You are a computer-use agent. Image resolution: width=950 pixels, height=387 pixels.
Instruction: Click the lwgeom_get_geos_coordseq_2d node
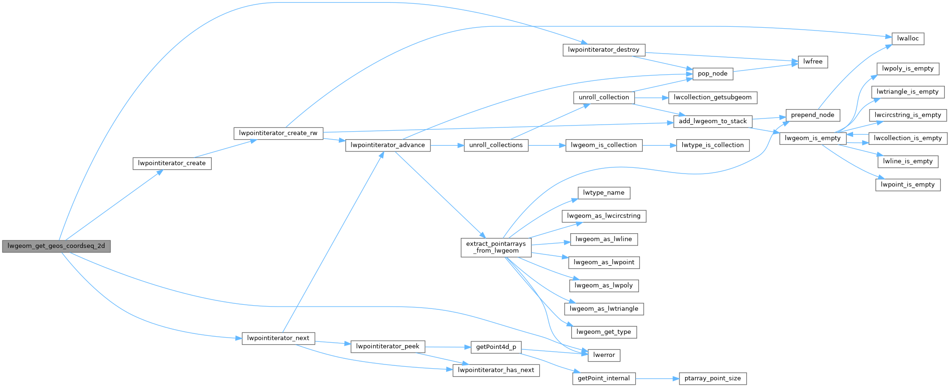[x=56, y=246]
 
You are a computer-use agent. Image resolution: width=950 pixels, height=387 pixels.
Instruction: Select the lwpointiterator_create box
[x=172, y=163]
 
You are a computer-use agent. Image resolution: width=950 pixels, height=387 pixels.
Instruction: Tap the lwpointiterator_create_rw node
[x=278, y=133]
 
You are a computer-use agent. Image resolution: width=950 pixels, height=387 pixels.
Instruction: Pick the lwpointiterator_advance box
[x=388, y=145]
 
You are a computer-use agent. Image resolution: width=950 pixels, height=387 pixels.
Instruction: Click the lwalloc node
[x=908, y=39]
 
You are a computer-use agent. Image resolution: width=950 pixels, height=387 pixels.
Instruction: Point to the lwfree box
[x=813, y=62]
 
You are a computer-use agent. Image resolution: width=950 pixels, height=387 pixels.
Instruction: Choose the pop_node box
[x=712, y=73]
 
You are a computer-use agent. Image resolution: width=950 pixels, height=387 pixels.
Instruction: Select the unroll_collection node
[x=604, y=97]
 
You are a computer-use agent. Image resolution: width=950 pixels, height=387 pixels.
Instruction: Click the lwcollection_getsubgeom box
[x=712, y=97]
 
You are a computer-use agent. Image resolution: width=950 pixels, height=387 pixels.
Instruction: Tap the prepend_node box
[x=812, y=115]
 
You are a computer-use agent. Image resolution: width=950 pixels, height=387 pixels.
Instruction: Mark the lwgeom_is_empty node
[x=812, y=138]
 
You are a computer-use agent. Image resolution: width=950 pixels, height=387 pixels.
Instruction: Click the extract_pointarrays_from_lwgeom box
[x=496, y=247]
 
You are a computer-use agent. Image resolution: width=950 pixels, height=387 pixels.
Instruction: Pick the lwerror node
[x=604, y=355]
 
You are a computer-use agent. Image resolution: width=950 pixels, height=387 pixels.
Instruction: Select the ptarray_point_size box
[x=712, y=379]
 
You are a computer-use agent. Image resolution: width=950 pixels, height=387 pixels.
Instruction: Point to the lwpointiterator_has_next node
[x=496, y=370]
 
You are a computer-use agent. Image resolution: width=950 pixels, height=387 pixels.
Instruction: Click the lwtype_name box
[x=604, y=193]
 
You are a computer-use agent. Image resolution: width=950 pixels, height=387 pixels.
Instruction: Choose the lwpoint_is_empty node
[x=908, y=185]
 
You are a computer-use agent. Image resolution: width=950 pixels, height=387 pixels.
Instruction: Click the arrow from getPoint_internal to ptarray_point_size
[x=657, y=379]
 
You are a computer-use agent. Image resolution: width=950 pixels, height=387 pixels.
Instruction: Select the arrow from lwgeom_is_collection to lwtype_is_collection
[x=659, y=145]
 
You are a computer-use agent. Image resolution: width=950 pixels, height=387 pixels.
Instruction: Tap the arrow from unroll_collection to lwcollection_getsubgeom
[x=651, y=98]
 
